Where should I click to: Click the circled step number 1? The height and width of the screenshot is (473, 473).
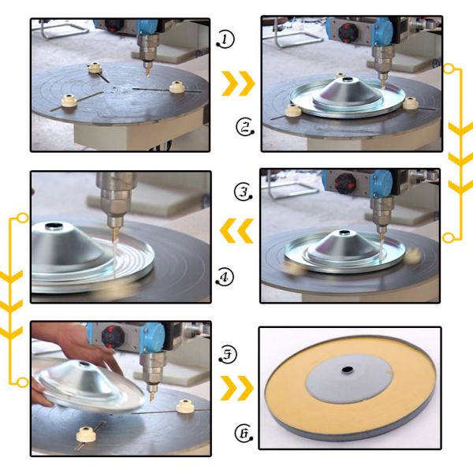(225, 39)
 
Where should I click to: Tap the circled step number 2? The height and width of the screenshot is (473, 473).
(245, 127)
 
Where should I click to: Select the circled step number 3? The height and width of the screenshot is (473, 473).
(244, 192)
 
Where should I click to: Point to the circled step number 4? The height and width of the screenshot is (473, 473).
(225, 277)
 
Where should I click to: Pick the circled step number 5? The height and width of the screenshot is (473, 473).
(228, 354)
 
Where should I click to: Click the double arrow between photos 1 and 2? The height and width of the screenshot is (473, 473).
(238, 84)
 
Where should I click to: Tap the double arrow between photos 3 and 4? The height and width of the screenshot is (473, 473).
(236, 231)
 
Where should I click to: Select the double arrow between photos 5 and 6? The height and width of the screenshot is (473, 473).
(236, 388)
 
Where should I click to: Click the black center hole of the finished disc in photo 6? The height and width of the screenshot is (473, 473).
(347, 370)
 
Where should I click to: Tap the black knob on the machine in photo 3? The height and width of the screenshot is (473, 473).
(345, 184)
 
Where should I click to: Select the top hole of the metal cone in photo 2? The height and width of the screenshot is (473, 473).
(347, 80)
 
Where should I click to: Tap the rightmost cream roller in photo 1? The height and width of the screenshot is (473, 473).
(177, 88)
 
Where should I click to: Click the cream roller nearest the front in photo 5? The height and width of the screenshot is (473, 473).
(86, 434)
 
